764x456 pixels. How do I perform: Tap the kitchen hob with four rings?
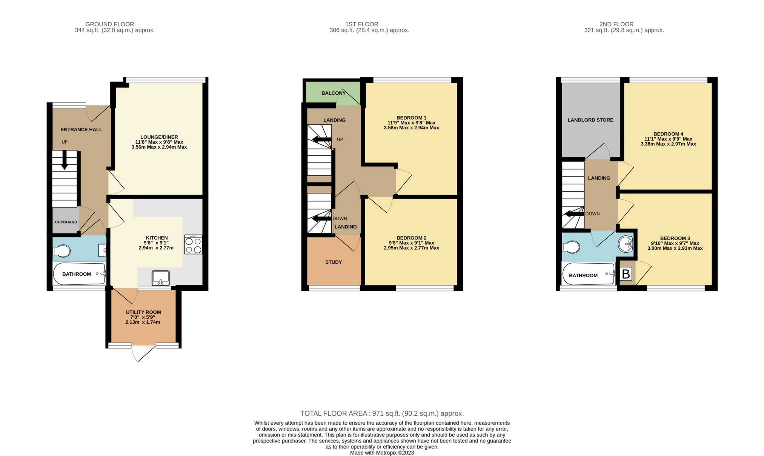(193, 244)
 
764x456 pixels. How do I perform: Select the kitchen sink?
(161, 278)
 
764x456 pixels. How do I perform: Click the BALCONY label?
(333, 93)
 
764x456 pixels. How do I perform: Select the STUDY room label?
(334, 262)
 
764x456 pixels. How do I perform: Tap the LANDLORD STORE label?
(590, 120)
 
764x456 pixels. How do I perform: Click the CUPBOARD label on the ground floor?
(66, 222)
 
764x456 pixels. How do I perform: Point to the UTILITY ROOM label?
(143, 312)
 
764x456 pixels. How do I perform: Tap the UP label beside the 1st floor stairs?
(340, 140)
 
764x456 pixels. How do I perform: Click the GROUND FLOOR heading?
(109, 24)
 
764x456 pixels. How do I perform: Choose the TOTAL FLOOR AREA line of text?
(382, 413)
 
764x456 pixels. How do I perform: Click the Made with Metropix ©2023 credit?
(382, 453)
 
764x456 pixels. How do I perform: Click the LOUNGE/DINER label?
(159, 137)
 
